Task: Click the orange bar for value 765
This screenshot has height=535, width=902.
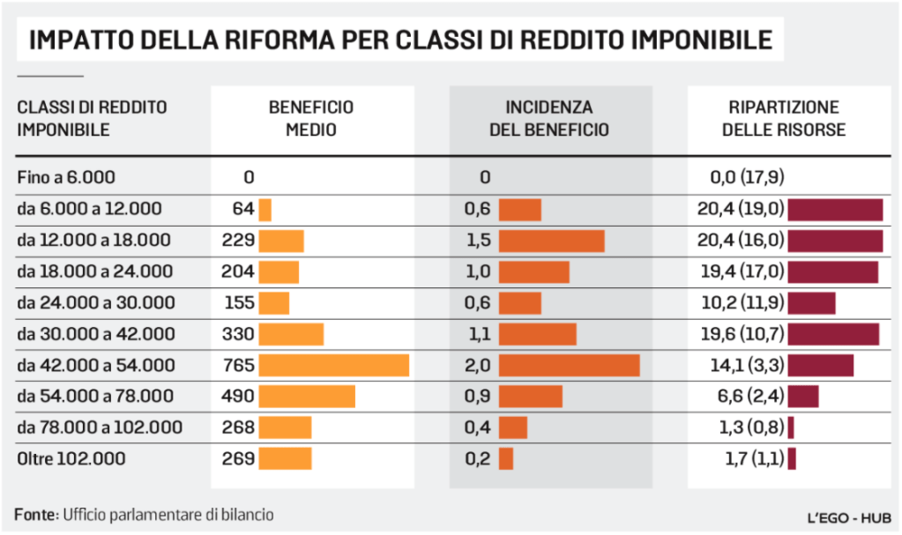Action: click(333, 365)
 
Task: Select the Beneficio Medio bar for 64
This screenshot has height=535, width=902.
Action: click(265, 209)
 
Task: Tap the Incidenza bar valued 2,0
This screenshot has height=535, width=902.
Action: click(569, 365)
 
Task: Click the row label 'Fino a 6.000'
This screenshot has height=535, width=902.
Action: click(66, 177)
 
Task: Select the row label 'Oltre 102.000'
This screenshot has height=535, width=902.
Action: click(71, 458)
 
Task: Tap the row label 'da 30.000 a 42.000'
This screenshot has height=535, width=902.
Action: click(96, 334)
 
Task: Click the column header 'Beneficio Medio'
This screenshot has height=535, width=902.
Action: click(311, 118)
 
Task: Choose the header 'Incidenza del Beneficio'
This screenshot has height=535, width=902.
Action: click(549, 118)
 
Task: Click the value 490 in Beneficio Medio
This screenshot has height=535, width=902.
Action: click(238, 397)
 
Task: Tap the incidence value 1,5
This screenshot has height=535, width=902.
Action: click(477, 241)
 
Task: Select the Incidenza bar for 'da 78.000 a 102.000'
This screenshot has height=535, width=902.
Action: click(512, 427)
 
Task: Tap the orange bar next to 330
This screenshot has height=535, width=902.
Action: click(291, 334)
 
